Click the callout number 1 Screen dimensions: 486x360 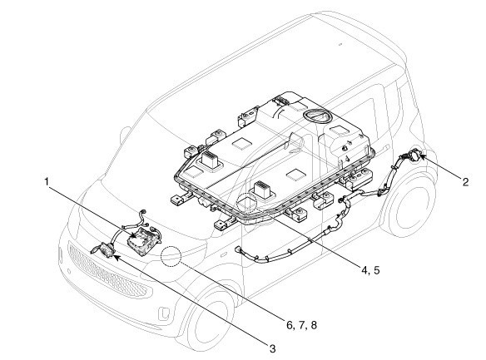[47, 181]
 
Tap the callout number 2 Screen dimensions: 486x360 [465, 182]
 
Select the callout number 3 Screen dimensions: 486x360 [272, 349]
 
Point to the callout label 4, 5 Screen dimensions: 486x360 [370, 270]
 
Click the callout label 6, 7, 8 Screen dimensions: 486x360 [301, 325]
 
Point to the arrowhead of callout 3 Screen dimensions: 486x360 [117, 257]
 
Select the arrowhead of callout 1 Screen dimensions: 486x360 [135, 236]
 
